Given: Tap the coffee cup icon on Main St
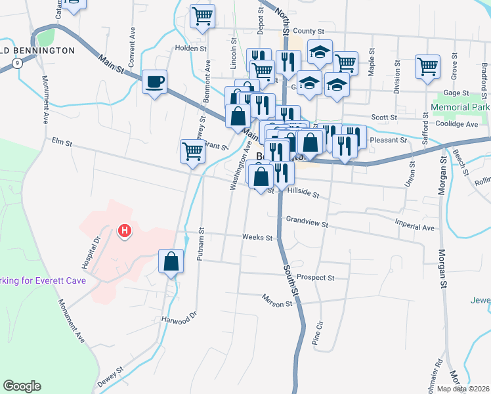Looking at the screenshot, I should click(154, 82).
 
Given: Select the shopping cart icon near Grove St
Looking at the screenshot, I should click(427, 66).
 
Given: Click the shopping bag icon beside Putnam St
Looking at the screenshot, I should click(171, 261).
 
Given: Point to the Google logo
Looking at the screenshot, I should click(21, 386).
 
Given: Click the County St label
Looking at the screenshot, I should click(309, 31).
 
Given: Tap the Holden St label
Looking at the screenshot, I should click(190, 48).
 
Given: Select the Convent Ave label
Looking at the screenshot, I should click(132, 39).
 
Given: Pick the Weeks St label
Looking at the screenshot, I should click(257, 237).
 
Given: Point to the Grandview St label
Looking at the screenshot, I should click(307, 222).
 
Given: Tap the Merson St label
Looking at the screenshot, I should click(276, 304).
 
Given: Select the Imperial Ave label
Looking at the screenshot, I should click(415, 227).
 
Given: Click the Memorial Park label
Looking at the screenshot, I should click(461, 107).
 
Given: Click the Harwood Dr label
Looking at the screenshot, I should click(179, 318).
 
